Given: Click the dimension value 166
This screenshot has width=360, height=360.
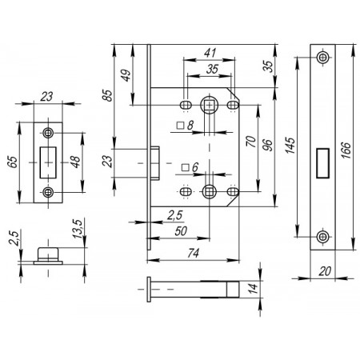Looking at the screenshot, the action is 346,150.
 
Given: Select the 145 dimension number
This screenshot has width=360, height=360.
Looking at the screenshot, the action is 290,146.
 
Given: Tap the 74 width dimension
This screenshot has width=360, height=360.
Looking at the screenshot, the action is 193,253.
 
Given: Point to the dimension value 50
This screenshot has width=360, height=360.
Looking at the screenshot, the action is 181,231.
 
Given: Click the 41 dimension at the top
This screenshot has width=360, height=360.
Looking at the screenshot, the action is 210,53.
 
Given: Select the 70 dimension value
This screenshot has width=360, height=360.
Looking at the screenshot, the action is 251,142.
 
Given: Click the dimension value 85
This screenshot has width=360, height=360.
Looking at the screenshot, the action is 107,95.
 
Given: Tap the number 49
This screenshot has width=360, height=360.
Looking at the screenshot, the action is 126,75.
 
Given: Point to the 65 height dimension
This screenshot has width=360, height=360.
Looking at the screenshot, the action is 13,162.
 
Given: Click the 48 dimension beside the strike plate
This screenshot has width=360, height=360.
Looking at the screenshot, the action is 75,162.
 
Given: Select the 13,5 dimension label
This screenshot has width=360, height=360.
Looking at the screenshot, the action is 78,229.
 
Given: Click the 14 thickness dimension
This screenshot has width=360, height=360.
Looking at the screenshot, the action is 252,288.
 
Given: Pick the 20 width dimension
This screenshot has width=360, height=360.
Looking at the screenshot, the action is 325,271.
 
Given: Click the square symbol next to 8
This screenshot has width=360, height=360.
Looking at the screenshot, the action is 181,126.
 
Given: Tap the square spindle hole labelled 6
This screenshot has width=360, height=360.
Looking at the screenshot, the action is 209,191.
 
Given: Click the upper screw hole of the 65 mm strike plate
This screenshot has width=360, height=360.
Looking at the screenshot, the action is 48,132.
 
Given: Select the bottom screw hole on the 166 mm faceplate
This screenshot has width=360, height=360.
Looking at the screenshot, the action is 322,237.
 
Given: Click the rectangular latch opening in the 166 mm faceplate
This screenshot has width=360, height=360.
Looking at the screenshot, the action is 322,163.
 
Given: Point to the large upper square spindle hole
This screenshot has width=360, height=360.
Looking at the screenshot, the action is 209,105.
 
